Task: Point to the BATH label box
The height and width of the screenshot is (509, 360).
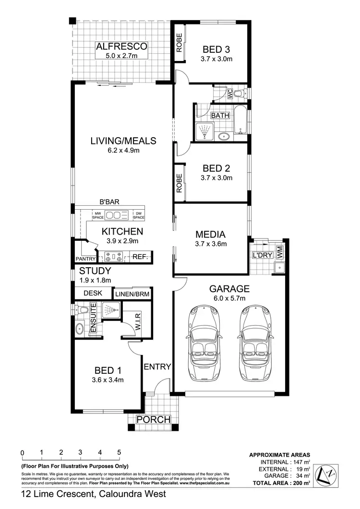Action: (x=220, y=116)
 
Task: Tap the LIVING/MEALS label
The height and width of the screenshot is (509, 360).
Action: (x=123, y=141)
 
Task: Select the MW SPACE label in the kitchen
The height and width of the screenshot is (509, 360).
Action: (x=98, y=215)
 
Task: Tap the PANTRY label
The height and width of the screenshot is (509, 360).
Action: (x=86, y=259)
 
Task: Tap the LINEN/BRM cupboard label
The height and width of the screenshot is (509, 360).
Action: (x=132, y=293)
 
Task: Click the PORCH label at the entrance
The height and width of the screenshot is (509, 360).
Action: (x=153, y=419)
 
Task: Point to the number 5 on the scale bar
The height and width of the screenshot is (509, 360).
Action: (x=119, y=452)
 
